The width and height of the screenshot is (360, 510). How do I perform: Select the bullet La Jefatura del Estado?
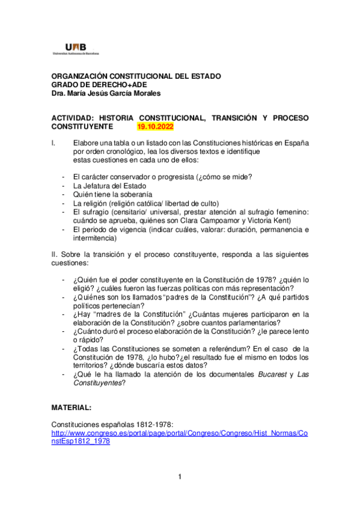point(109,186)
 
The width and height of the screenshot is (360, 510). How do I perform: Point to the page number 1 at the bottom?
point(179,478)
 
